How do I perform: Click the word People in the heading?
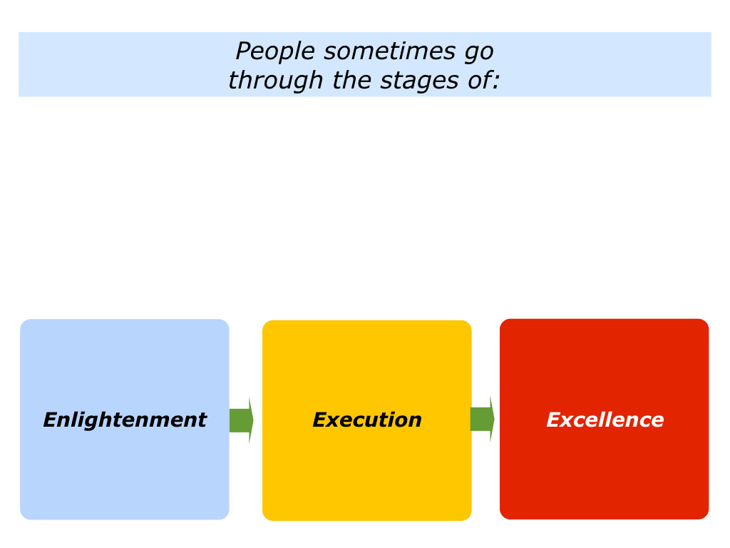(x=275, y=51)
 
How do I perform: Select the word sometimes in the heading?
(x=389, y=51)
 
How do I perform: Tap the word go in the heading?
(x=479, y=54)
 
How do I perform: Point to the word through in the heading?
(x=276, y=81)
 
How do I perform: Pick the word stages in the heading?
(x=419, y=82)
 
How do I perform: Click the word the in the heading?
(x=351, y=80)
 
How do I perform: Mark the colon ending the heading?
(x=496, y=83)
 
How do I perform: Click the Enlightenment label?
(x=125, y=420)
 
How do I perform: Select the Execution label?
(x=367, y=420)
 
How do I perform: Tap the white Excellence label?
(x=605, y=420)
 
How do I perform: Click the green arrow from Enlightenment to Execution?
(x=241, y=420)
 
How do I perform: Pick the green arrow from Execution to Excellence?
(x=483, y=419)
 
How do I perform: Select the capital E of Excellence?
(x=555, y=420)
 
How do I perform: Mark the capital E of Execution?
(x=322, y=420)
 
